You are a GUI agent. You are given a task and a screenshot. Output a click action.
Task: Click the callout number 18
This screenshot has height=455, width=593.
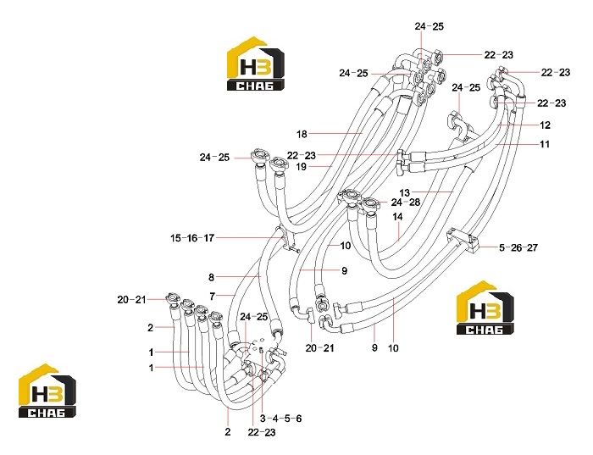point(302,134)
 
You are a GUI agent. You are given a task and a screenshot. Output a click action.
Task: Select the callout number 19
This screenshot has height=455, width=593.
point(301,167)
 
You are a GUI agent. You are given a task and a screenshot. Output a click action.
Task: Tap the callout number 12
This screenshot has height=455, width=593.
point(545,125)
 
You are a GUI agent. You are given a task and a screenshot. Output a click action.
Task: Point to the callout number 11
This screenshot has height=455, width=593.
point(545,145)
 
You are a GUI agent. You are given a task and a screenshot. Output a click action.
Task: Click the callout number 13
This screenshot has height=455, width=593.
point(405,193)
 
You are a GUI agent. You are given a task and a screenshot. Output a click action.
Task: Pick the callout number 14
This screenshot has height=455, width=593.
point(397,217)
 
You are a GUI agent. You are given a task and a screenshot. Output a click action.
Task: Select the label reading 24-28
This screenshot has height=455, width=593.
point(406,203)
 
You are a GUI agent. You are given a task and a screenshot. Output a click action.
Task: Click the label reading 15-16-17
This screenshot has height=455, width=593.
point(192,238)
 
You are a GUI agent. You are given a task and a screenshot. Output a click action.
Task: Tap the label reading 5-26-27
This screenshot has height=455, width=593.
point(518,248)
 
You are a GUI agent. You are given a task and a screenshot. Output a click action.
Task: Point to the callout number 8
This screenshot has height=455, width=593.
point(212,278)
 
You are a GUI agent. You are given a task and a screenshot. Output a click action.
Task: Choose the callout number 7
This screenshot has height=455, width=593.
point(212,297)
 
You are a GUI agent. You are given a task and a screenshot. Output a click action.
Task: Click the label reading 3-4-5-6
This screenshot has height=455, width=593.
point(281,419)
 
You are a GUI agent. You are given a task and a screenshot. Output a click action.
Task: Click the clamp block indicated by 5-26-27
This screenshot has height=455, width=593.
point(463,240)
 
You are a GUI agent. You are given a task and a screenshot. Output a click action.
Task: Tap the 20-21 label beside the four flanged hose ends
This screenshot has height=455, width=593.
point(131,300)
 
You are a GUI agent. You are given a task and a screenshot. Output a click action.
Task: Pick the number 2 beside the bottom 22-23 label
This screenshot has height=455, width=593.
point(227,432)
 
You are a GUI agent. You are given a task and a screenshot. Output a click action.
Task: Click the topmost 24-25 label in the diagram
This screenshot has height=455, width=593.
point(430,26)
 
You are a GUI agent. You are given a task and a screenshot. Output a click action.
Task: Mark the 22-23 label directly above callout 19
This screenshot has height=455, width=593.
point(302,155)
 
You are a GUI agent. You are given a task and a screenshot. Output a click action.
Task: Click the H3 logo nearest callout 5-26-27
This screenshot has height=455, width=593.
point(485,308)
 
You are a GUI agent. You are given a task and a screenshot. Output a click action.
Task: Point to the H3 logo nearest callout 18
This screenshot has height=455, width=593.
point(256,64)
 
